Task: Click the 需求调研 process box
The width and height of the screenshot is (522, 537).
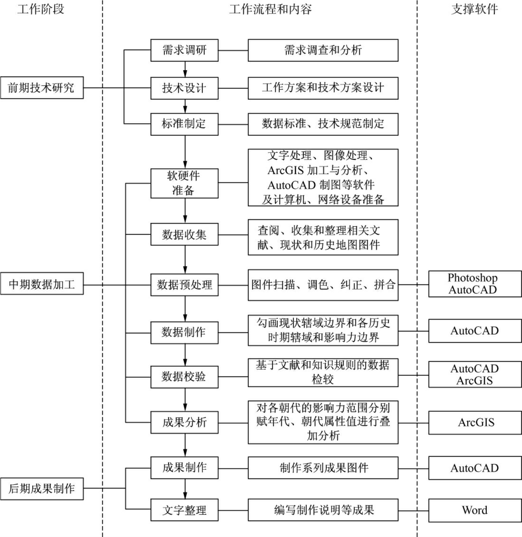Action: pos(184,50)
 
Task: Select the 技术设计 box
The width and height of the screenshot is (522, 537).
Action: pos(184,88)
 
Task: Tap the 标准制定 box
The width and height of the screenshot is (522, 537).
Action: pos(184,124)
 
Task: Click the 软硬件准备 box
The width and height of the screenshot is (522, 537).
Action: pos(184,183)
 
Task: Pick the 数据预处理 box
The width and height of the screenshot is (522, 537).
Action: pos(184,285)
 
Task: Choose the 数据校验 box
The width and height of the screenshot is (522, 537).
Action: pos(184,377)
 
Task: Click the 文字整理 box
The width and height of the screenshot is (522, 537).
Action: pos(184,510)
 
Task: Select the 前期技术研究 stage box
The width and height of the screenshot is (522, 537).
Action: pos(42,88)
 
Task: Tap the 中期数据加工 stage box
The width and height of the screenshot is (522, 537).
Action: pos(42,284)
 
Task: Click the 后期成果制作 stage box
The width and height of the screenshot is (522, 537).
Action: pos(42,489)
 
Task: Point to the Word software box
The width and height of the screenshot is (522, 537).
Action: pos(475,510)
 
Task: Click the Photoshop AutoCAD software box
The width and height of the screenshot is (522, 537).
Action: pos(475,284)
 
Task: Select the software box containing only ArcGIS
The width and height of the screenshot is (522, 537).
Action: pos(475,423)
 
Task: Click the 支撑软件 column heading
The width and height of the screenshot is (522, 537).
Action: pos(475,9)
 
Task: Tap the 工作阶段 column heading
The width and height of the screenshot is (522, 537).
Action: pos(41,9)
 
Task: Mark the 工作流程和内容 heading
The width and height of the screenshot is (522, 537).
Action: pos(270,9)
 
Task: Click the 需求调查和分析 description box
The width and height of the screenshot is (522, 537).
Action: pos(323,50)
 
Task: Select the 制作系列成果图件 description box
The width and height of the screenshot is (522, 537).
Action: pos(323,468)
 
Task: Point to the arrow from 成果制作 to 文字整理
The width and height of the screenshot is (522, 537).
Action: pos(185,489)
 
